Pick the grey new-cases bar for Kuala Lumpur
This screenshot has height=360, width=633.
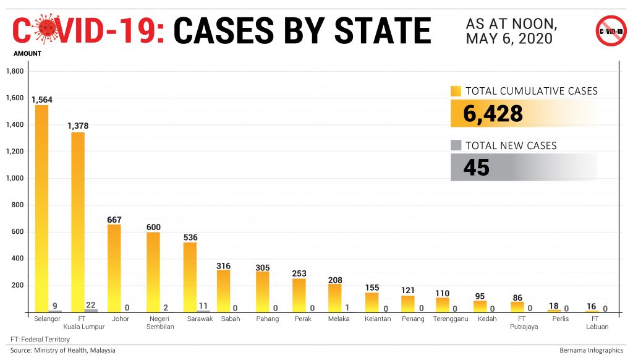coord(91,311)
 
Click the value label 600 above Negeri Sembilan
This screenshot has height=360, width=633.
coord(153,227)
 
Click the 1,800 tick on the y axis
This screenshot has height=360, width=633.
coord(14,72)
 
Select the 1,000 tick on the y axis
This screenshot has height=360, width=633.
coord(14,178)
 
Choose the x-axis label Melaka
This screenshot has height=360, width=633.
coord(338,319)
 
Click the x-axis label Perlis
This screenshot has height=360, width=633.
coord(561,319)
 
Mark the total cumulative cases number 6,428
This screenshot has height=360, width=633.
coord(493,114)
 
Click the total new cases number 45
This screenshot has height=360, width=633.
coord(476,168)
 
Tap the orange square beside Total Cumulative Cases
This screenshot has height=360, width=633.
coord(456,91)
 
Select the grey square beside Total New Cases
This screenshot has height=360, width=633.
coord(456,145)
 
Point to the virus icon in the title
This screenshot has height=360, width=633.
coord(46,30)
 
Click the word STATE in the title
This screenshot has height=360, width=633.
coord(383,30)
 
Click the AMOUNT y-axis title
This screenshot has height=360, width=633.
coord(27,54)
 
